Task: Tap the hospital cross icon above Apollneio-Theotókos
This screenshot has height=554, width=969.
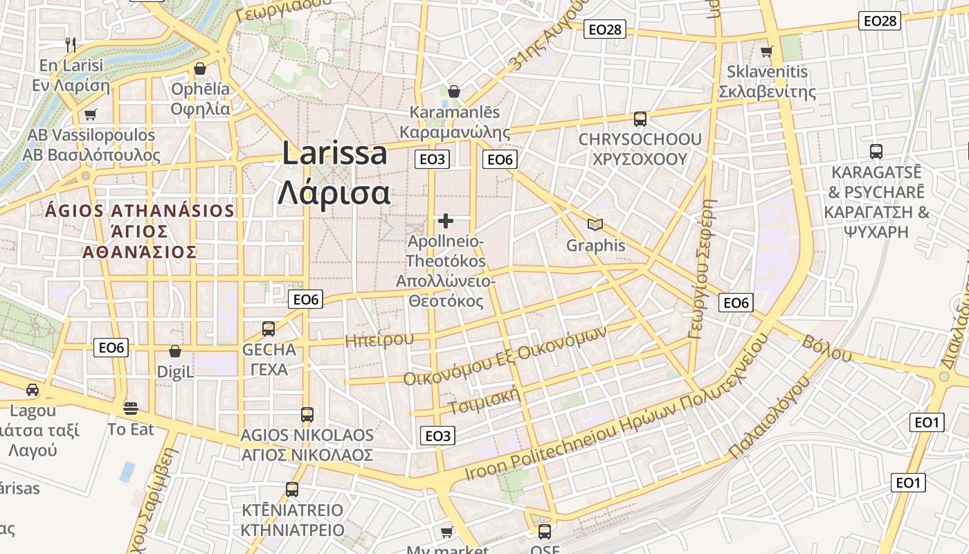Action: pos(446,221)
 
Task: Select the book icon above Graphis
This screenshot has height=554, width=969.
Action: pos(595,224)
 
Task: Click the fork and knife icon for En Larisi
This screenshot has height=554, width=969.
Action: pos(70,45)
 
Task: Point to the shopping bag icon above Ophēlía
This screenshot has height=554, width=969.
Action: pos(200,69)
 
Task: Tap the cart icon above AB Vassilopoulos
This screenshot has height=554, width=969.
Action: pos(90,114)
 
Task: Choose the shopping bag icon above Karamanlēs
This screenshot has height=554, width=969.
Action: pos(454,91)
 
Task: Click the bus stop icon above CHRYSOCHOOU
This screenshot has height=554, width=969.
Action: pos(640,118)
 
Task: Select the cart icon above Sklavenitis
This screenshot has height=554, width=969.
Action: pos(766,51)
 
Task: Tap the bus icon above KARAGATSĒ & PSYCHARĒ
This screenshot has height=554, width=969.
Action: pos(876,151)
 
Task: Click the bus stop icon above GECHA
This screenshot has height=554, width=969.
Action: pos(269,329)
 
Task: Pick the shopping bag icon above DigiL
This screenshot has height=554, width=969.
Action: pos(175,351)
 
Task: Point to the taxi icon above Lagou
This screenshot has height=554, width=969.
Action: pos(33,390)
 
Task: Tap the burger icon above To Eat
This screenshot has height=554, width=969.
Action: pos(131,409)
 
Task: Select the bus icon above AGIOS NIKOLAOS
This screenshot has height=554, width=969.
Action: pos(307,415)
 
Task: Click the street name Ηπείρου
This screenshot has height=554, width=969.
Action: pos(379,339)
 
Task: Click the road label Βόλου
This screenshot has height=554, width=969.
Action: pos(827,348)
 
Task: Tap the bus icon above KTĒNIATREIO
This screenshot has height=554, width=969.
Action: pos(292,490)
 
